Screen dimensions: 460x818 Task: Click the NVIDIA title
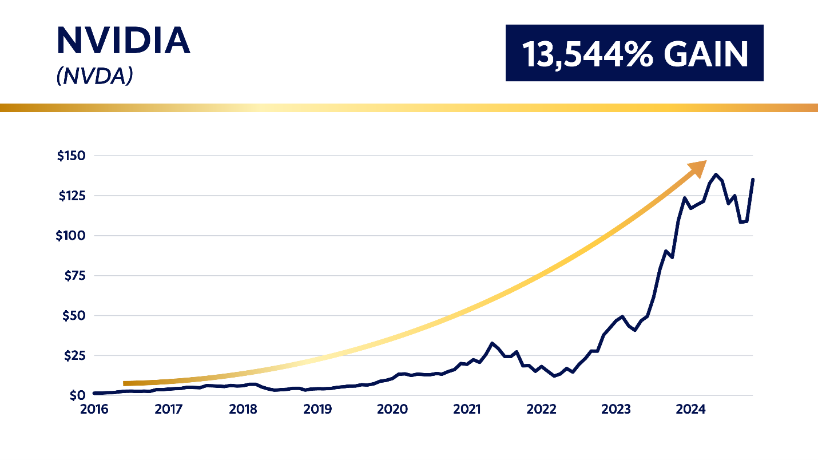click(124, 41)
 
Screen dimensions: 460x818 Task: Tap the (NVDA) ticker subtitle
click(94, 77)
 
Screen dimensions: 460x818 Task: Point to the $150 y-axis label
click(71, 156)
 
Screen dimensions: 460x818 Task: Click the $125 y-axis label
click(71, 196)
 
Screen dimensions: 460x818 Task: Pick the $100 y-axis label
click(71, 236)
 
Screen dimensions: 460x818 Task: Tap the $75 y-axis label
click(73, 275)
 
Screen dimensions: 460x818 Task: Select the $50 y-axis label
click(73, 315)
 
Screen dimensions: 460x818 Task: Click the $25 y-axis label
click(73, 355)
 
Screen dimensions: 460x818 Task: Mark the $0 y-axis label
click(78, 395)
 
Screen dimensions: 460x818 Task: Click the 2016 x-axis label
click(93, 410)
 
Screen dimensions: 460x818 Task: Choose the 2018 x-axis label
click(243, 410)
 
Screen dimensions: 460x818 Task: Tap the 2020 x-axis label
click(392, 410)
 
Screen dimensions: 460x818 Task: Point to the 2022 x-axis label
click(541, 410)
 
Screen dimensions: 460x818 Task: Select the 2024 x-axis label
click(690, 410)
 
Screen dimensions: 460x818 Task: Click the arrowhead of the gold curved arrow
click(699, 168)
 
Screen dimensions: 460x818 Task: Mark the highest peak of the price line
click(716, 175)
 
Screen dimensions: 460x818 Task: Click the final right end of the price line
click(753, 180)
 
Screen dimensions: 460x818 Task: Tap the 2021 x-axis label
click(467, 410)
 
